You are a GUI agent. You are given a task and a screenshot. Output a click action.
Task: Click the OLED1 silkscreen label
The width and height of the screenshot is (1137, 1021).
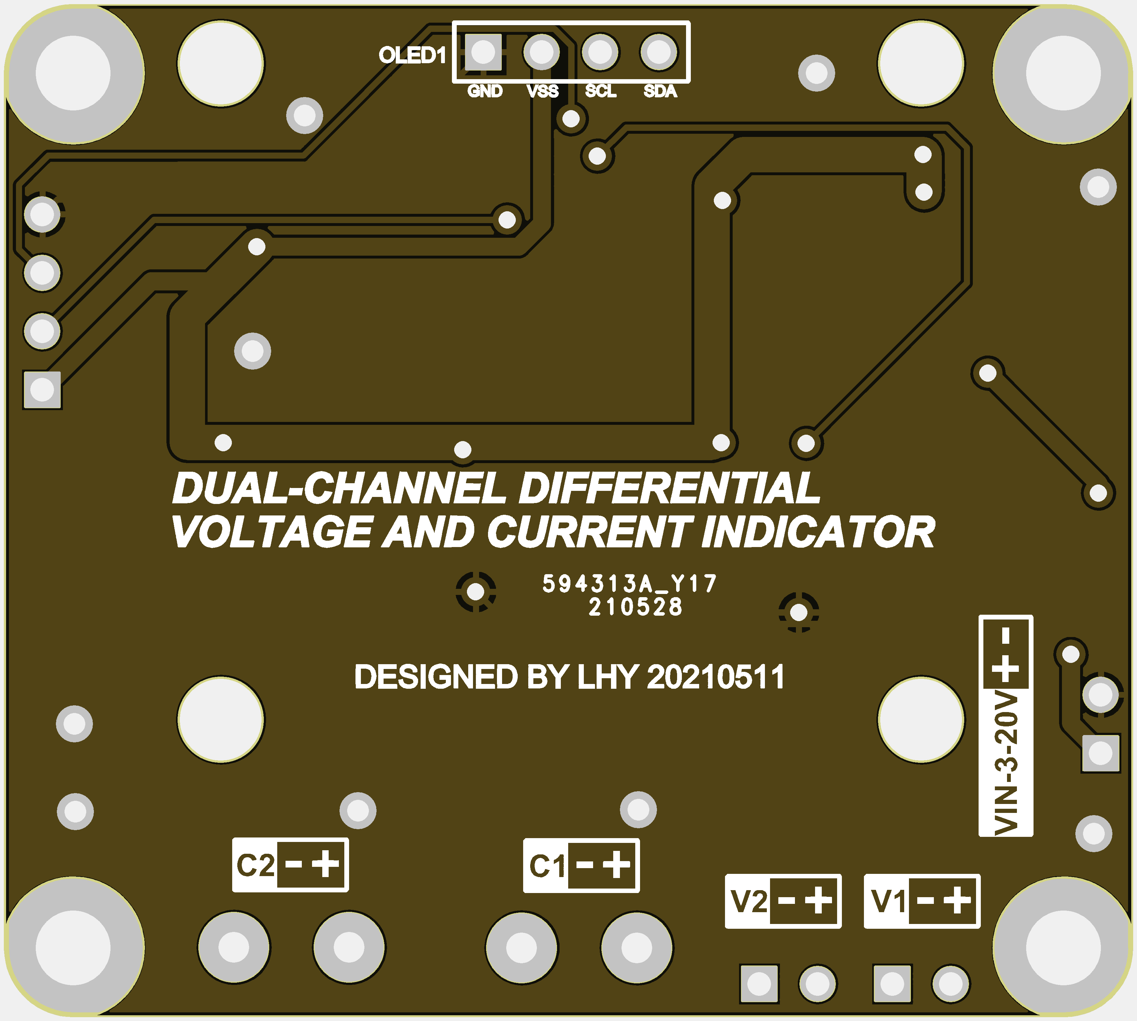pos(412,55)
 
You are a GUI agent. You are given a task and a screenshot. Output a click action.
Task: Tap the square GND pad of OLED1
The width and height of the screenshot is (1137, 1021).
pos(484,52)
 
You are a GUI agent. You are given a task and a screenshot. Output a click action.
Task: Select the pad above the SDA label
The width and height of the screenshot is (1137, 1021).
pos(659,52)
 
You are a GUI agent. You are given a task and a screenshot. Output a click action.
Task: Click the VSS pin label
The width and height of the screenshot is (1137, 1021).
pos(542,91)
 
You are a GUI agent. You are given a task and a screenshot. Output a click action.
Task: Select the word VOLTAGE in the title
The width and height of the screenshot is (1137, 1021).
pos(271,531)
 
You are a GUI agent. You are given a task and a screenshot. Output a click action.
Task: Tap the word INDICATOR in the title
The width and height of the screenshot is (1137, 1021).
pos(818,532)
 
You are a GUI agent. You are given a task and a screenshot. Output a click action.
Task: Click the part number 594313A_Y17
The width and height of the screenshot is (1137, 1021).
pos(630,583)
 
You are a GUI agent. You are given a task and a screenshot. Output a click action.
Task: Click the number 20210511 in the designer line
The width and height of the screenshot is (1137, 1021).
pos(716,677)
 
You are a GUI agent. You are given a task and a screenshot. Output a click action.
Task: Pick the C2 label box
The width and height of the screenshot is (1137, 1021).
pos(290,865)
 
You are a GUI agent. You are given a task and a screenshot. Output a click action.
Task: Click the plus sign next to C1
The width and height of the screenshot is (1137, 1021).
pos(616,865)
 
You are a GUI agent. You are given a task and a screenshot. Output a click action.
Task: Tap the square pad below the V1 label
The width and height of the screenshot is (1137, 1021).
pos(892,983)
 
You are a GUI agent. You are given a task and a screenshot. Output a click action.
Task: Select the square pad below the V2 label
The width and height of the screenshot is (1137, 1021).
pos(759,983)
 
